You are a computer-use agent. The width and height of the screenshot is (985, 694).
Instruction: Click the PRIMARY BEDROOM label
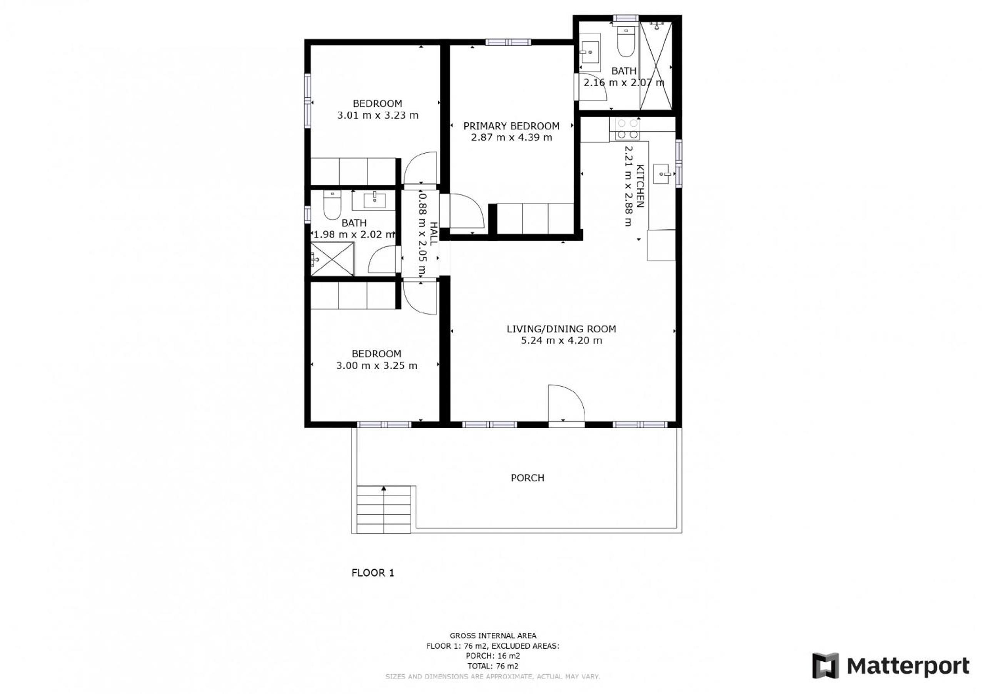coord(511,126)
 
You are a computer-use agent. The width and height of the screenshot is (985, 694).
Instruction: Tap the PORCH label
coord(527,478)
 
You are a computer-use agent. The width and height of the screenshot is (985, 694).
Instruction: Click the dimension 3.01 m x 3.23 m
coord(377,115)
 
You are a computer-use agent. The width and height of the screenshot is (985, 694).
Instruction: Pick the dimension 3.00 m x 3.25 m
coord(376,365)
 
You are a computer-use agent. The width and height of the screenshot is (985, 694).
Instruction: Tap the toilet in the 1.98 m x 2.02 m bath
coord(332,205)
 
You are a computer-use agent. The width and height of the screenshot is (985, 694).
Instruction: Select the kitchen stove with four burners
coord(628,128)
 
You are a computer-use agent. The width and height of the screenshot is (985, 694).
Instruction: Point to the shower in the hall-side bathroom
coord(333,259)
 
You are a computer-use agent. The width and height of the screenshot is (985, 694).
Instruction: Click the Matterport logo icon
coord(825,666)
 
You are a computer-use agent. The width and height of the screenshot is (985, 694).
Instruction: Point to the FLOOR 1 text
coord(372,572)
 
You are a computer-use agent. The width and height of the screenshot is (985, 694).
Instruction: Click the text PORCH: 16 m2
coord(492,656)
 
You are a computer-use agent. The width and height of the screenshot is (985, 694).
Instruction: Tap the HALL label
coord(433,234)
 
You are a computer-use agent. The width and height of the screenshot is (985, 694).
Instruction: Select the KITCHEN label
coord(639,186)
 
